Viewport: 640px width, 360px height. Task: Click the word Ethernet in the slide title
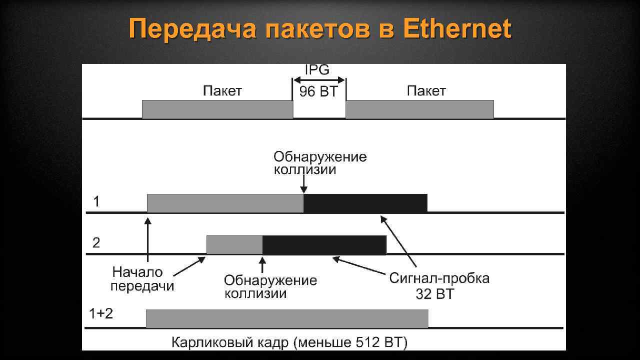pos(457,29)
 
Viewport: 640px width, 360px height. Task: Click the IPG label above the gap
pos(317,70)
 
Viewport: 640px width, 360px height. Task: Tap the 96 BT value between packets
pos(318,92)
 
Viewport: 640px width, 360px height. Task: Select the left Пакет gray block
pos(217,109)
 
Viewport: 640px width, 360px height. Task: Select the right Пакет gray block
pos(419,109)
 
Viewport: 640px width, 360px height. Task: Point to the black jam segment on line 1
pos(365,203)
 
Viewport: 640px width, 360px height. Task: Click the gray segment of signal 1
pos(225,203)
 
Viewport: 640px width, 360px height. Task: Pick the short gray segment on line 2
pos(234,244)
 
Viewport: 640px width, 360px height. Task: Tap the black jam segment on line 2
pos(324,244)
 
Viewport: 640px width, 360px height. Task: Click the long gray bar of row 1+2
pos(287,318)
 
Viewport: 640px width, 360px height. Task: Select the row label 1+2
pos(101,313)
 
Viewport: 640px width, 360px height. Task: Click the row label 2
pos(96,243)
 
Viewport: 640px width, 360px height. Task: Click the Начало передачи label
pos(142,279)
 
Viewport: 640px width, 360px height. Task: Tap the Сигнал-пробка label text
pos(439,278)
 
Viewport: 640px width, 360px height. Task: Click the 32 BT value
pos(434,294)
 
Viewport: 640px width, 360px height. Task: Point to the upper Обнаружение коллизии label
pos(320,163)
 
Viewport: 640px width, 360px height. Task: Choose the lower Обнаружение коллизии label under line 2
pos(270,286)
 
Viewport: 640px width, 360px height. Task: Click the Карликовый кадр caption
pos(289,342)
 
